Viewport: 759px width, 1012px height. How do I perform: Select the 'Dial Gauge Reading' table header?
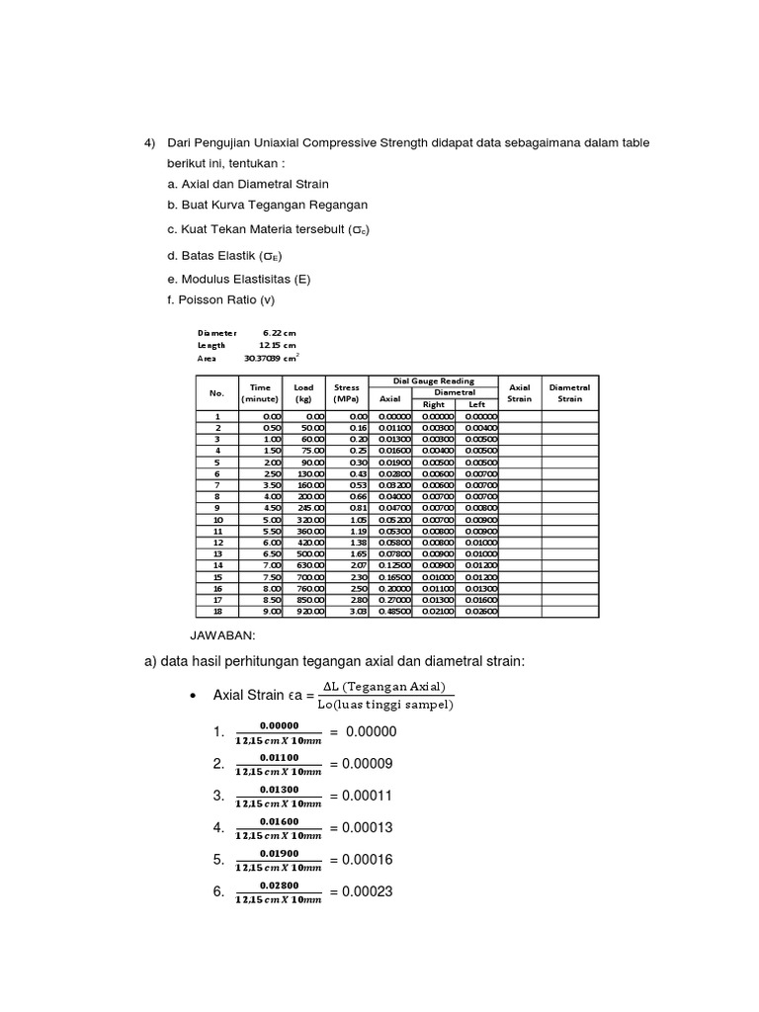tap(433, 380)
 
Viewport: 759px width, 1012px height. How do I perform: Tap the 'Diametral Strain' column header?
tap(569, 392)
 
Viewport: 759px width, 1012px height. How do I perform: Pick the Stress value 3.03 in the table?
tap(357, 612)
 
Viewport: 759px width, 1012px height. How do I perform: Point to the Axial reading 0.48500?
tap(395, 612)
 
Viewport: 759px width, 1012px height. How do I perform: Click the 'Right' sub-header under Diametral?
tap(434, 404)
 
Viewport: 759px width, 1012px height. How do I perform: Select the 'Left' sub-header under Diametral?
tap(476, 404)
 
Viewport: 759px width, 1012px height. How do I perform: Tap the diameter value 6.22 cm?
tap(279, 333)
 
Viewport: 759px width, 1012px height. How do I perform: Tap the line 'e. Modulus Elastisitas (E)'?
tap(239, 279)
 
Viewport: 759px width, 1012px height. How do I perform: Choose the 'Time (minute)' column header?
tap(260, 392)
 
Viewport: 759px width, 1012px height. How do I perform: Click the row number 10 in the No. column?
tap(217, 519)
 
